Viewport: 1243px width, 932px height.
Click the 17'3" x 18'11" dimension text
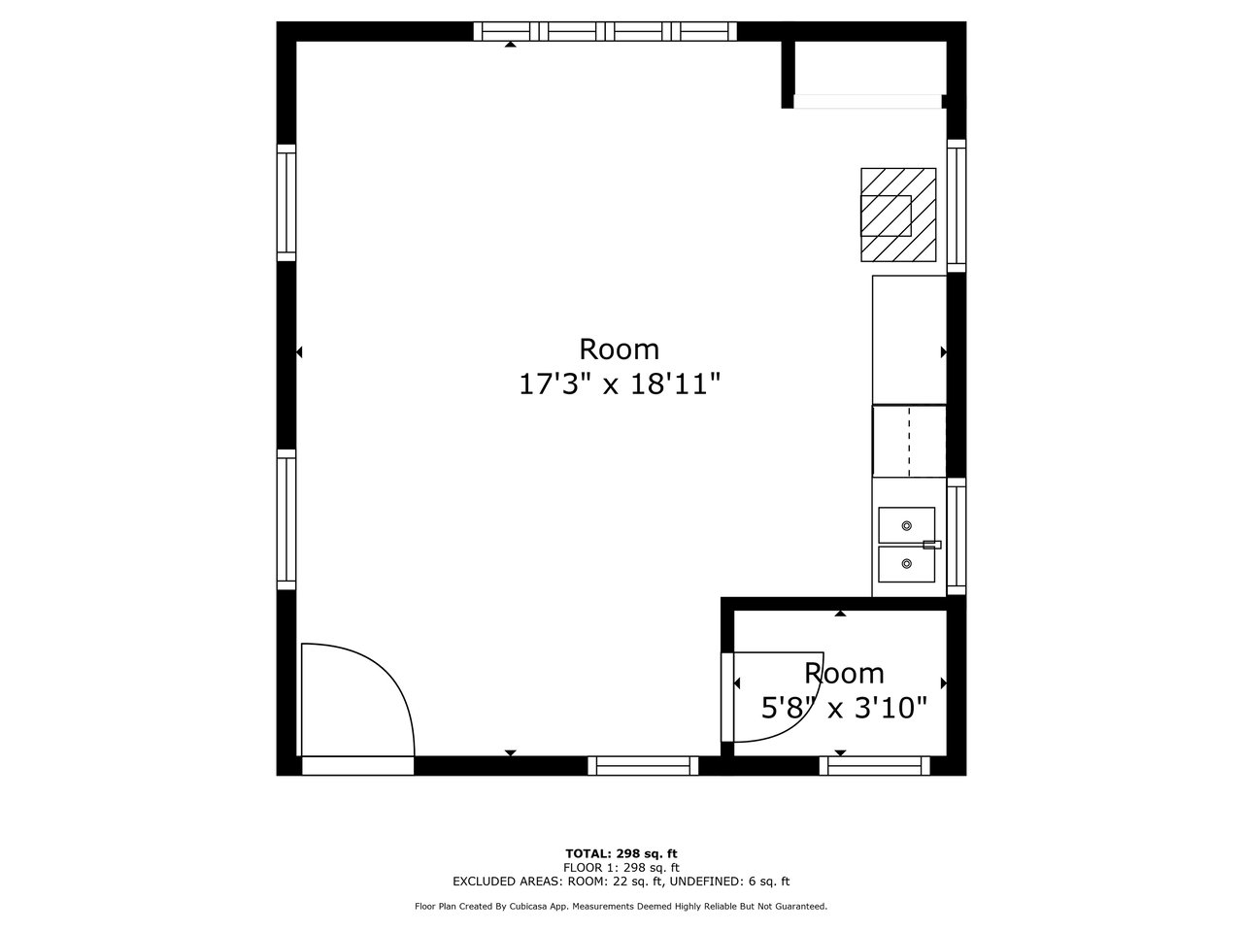pos(619,384)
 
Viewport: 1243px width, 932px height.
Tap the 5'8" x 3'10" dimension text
pos(844,708)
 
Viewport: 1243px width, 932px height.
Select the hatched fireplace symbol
pos(898,215)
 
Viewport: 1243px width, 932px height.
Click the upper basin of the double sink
pos(906,525)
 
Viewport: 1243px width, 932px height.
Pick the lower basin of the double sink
pos(906,564)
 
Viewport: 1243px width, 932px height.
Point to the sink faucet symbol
pos(932,545)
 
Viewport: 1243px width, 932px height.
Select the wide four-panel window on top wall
pos(605,31)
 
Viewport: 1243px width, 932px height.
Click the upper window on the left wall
pos(286,203)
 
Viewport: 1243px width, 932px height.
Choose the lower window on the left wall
pos(286,519)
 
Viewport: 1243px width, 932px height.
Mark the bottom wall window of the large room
pos(643,766)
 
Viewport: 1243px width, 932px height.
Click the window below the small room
pos(874,766)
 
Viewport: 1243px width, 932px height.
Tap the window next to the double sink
pos(957,537)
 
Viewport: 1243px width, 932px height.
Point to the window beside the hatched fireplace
pos(957,206)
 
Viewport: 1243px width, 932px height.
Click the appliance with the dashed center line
pos(909,441)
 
